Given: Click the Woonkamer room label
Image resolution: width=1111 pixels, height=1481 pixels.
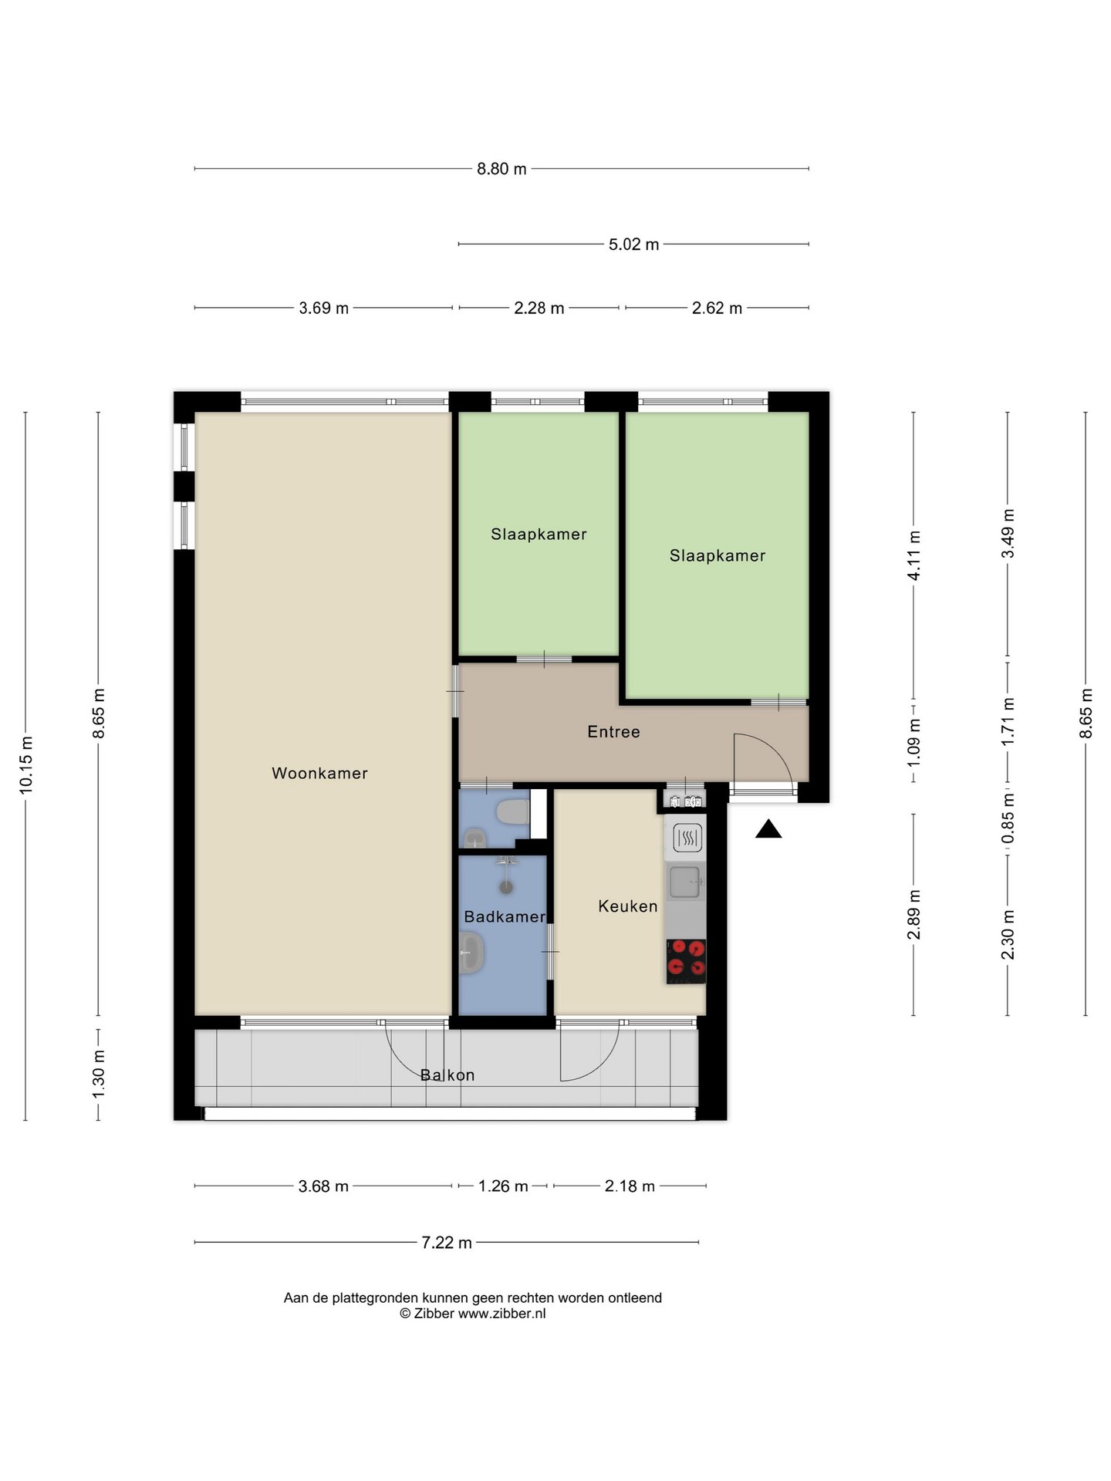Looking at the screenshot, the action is [x=319, y=773].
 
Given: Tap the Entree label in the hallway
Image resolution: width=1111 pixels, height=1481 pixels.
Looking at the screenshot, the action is [x=613, y=731].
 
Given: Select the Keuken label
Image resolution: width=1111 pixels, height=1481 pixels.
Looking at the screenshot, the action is [x=628, y=906].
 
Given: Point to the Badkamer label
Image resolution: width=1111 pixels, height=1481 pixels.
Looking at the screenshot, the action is [x=505, y=916].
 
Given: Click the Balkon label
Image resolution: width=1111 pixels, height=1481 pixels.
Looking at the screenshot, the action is [x=447, y=1074].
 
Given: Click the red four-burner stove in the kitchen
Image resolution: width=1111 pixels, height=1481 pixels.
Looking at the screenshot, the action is [x=686, y=961].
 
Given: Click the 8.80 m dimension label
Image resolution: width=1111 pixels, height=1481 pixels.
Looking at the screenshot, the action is [x=501, y=169].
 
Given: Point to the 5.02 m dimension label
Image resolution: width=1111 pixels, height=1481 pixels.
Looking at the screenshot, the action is [x=634, y=245].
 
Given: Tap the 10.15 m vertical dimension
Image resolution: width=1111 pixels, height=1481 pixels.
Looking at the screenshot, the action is [x=26, y=764].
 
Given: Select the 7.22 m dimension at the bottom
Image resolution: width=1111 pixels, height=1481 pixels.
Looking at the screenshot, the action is [x=447, y=1243].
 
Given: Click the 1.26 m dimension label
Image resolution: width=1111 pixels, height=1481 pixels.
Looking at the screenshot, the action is [x=503, y=1186].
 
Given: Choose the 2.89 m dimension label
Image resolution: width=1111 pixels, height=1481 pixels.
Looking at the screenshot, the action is [x=914, y=915].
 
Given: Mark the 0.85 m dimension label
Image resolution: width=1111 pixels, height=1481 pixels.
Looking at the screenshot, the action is [x=1008, y=819].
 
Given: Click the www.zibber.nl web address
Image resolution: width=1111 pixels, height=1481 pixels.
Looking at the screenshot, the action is [x=501, y=1314].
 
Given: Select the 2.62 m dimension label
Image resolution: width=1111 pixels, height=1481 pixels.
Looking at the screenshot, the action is [x=717, y=309].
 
